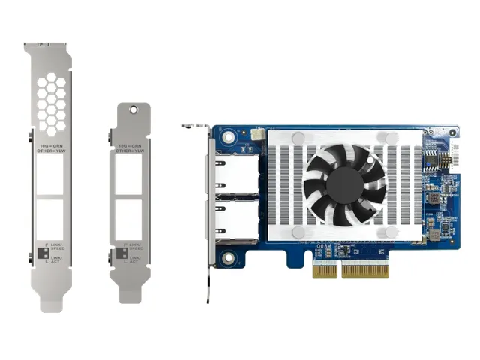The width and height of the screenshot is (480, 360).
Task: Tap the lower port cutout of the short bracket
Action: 131,218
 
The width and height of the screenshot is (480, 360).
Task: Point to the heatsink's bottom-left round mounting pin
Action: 298,232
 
